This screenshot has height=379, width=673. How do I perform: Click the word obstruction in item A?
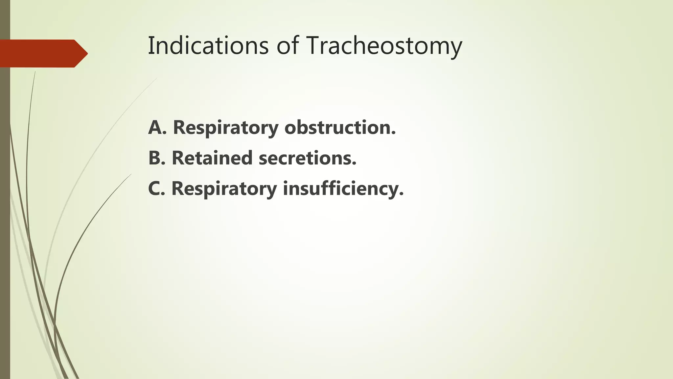pyautogui.click(x=340, y=127)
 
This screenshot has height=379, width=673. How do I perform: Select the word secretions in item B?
pyautogui.click(x=307, y=158)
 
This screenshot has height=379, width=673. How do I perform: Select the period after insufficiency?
pyautogui.click(x=401, y=194)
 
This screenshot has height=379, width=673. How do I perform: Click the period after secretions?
pyautogui.click(x=354, y=163)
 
